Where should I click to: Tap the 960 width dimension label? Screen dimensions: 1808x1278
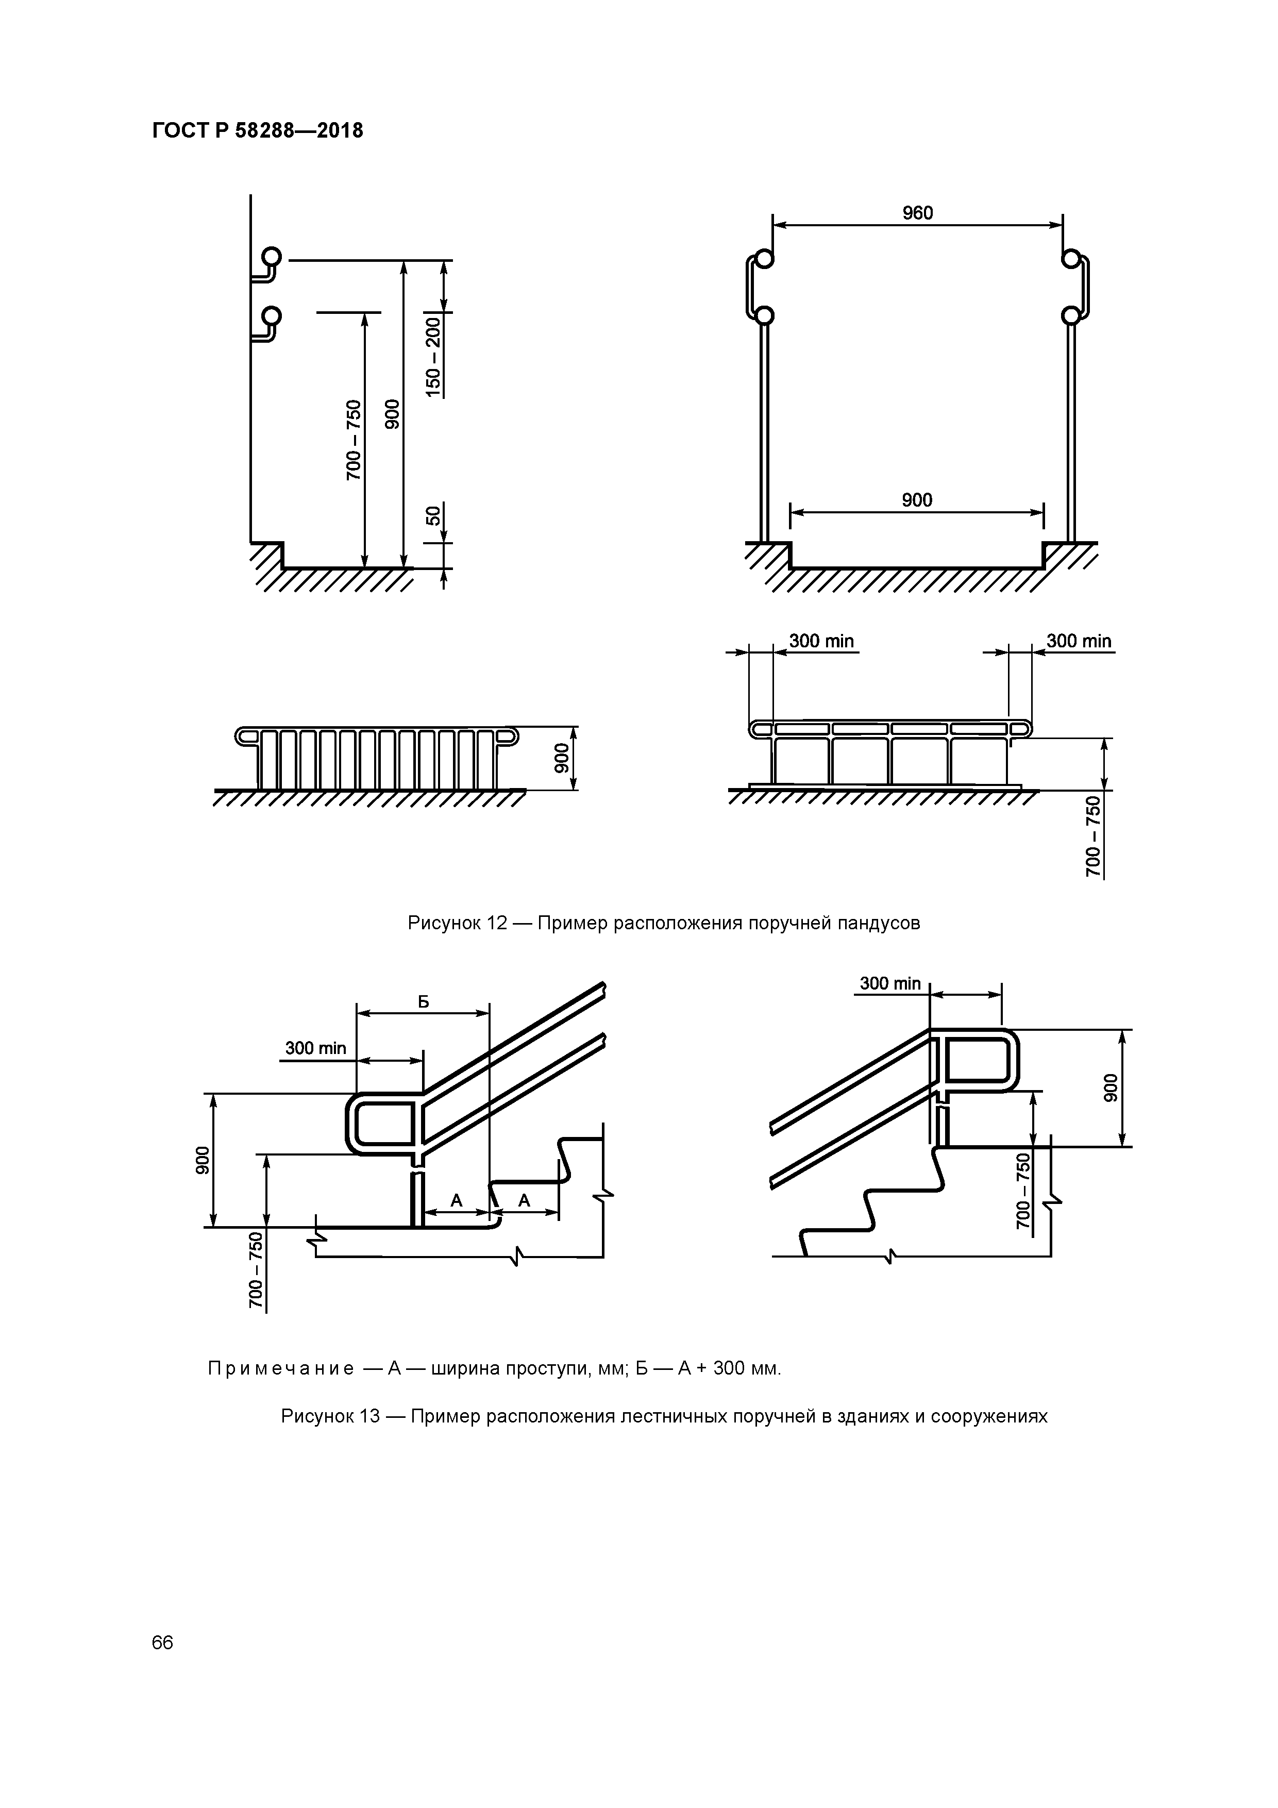(917, 213)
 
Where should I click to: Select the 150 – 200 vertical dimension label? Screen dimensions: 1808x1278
(433, 356)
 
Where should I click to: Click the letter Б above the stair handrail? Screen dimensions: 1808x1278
(423, 1001)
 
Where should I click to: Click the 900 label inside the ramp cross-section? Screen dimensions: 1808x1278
(917, 500)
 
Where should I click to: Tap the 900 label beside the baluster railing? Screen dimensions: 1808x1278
(561, 758)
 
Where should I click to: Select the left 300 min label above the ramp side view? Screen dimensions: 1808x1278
(821, 641)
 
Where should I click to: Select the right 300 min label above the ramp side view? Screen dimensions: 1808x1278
(1079, 641)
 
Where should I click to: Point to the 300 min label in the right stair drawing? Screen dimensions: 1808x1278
(890, 983)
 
